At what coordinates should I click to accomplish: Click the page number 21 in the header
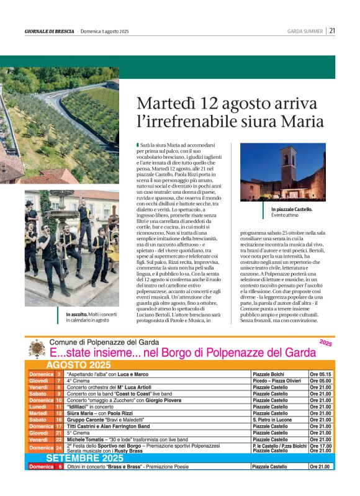coord(333,30)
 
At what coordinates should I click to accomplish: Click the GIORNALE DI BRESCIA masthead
coord(49,31)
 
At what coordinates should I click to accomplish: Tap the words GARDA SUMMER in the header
coord(305,31)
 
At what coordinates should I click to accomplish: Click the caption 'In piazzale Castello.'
coord(292,209)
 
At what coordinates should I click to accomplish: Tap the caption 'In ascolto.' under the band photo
coord(78,315)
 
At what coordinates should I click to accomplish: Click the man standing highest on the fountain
coord(86,211)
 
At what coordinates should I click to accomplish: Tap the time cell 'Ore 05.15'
coord(321,374)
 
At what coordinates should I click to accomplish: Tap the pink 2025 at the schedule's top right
coord(326,342)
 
